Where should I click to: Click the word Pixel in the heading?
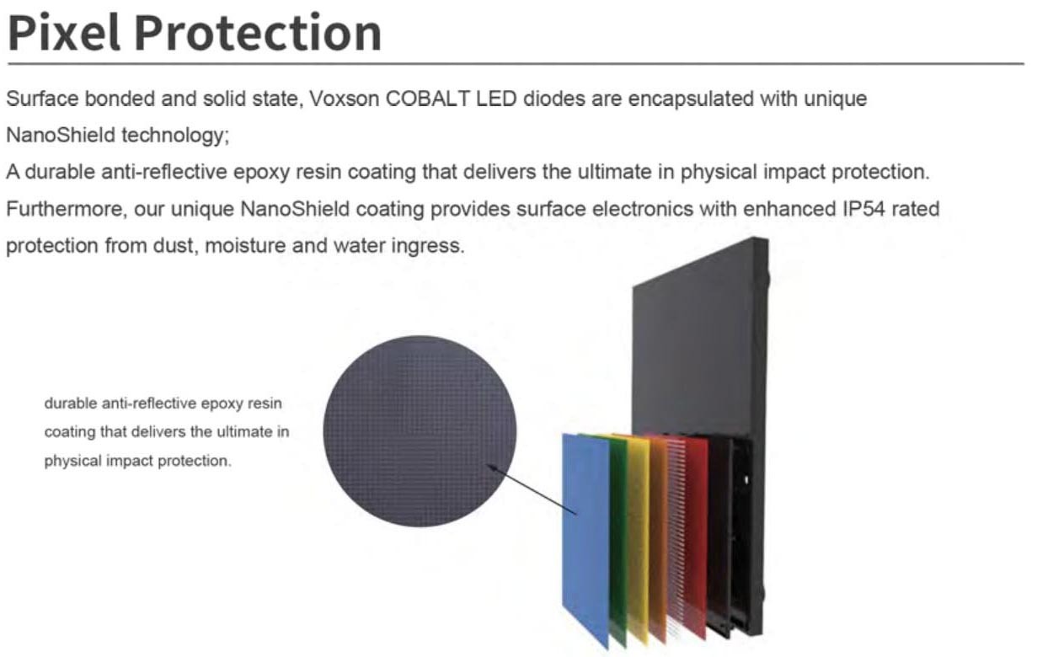(x=64, y=33)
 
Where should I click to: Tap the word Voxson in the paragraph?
(x=344, y=99)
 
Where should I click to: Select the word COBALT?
(x=427, y=99)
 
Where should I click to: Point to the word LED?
(x=496, y=99)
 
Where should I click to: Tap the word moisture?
(x=245, y=246)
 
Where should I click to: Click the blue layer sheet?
(x=585, y=537)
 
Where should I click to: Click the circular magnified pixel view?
(x=420, y=430)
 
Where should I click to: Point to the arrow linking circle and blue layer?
(x=532, y=489)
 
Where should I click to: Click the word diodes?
(x=553, y=99)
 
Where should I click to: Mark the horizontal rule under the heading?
(x=516, y=63)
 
